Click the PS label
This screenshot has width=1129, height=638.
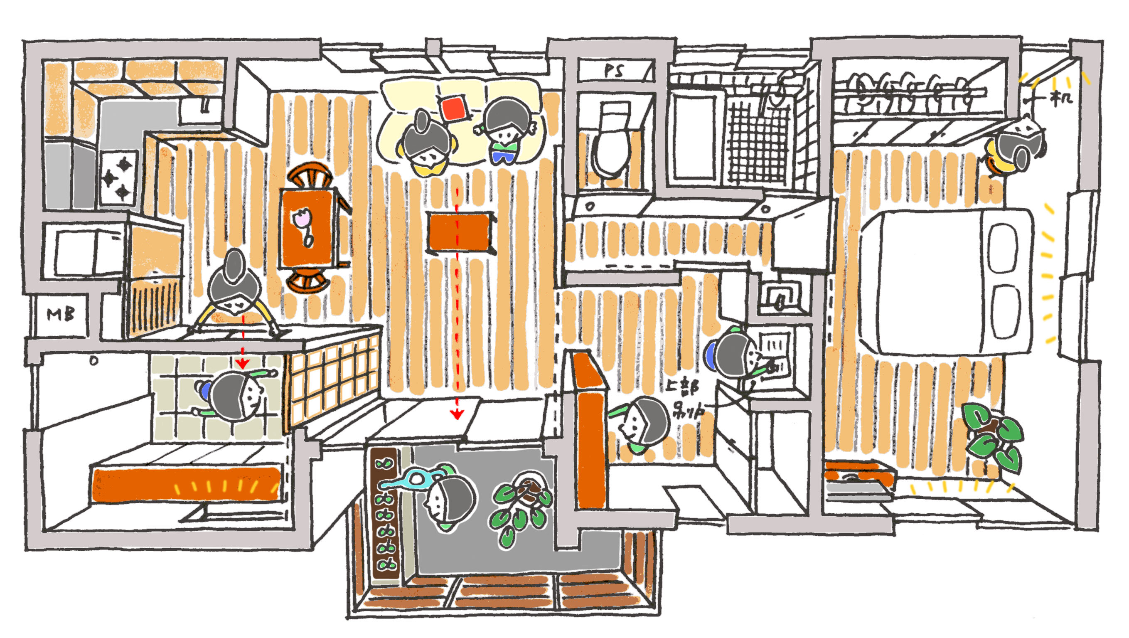click(x=614, y=71)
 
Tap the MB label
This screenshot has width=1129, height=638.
click(x=61, y=314)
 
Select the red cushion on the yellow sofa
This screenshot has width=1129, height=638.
click(x=454, y=108)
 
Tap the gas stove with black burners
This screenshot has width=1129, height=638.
click(x=118, y=177)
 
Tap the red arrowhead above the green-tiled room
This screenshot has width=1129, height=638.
click(x=242, y=363)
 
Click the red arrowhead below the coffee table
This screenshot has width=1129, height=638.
click(x=457, y=414)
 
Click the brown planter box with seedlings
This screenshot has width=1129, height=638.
click(x=384, y=513)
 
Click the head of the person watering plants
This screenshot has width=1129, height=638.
click(x=451, y=500)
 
